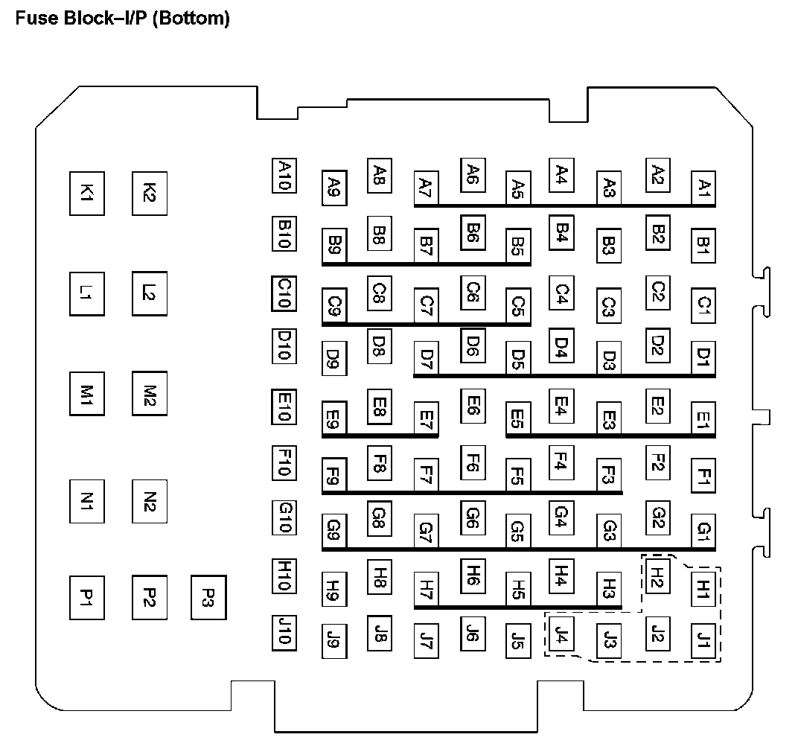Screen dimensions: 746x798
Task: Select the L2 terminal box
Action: (149, 293)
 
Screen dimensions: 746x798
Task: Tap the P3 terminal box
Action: (208, 597)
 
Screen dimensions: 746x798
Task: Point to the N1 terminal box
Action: (86, 503)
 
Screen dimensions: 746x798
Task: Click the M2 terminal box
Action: (149, 394)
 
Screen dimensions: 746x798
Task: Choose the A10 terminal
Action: (284, 176)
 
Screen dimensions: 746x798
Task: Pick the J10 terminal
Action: (284, 631)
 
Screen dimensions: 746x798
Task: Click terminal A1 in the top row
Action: (703, 187)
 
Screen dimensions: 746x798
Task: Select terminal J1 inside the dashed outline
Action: (703, 639)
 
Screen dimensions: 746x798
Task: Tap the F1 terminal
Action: (703, 475)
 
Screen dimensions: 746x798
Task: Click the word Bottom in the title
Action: (191, 18)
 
